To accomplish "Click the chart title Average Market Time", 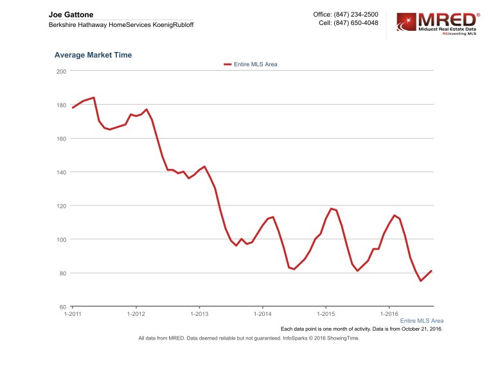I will click(93, 55).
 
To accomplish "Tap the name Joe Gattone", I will click(71, 14).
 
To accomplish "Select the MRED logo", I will click(437, 26).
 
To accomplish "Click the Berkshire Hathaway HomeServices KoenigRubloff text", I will click(121, 24).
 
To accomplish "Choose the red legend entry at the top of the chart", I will click(251, 64).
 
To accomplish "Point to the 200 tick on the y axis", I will click(62, 71).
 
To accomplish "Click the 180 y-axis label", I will click(62, 105).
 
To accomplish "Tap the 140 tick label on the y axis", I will click(62, 172).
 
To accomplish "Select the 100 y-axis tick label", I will click(62, 239).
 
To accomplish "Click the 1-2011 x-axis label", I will click(73, 314).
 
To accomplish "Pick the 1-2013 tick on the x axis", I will click(199, 314).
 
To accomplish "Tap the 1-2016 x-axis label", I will click(389, 314).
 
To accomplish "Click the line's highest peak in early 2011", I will click(94, 98).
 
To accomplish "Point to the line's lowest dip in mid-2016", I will click(421, 281).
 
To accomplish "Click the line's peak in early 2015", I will click(331, 209).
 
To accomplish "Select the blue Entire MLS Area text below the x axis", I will click(422, 320).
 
